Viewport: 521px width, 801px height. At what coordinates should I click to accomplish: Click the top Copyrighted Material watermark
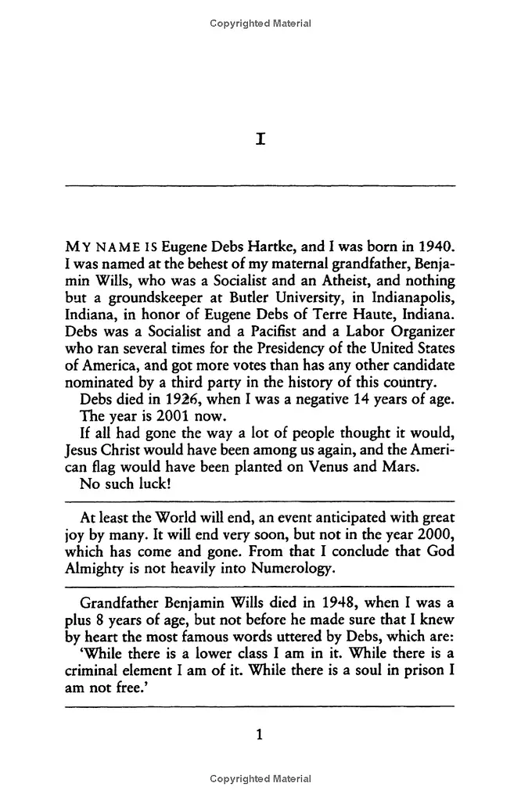coord(260,23)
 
